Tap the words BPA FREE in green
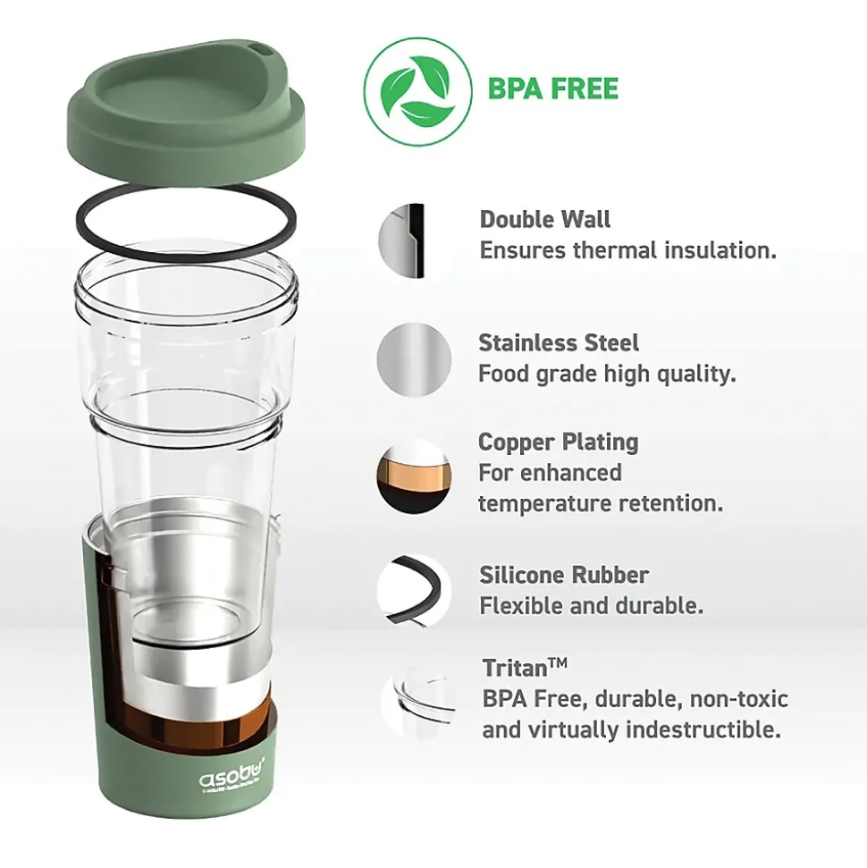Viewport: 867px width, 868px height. pyautogui.click(x=552, y=89)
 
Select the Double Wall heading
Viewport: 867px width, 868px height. pyautogui.click(x=545, y=220)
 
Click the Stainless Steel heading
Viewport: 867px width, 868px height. pyautogui.click(x=559, y=343)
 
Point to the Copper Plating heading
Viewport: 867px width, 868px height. pyautogui.click(x=559, y=442)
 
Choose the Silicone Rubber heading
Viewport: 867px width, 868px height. pyautogui.click(x=564, y=575)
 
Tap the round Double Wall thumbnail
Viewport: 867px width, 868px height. pyautogui.click(x=413, y=237)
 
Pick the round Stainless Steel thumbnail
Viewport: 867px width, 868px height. pyautogui.click(x=413, y=358)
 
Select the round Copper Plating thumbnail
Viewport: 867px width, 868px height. pyautogui.click(x=413, y=476)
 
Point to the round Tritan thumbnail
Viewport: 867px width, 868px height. pyautogui.click(x=417, y=703)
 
